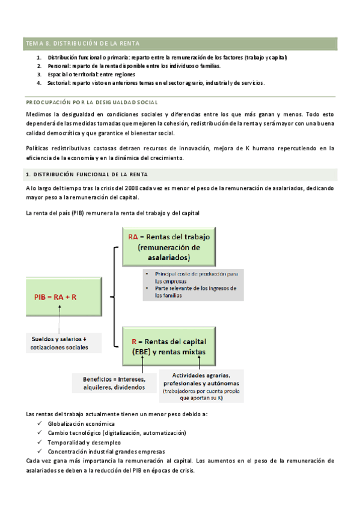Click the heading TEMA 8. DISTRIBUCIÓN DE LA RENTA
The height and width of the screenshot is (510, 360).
tap(82, 43)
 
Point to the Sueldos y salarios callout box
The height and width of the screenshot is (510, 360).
tap(59, 343)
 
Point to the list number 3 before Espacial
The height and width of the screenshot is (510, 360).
tap(38, 74)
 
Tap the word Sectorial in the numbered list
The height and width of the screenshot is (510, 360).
tap(59, 83)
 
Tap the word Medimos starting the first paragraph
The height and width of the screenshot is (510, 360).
tap(40, 114)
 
